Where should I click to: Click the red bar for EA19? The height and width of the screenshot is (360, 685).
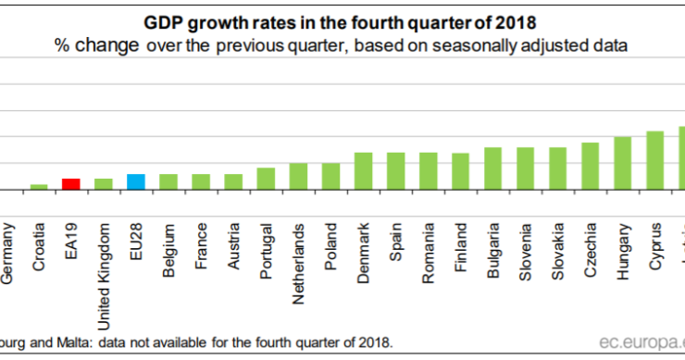[x=70, y=183]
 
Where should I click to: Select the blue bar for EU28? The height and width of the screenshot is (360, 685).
[x=135, y=181]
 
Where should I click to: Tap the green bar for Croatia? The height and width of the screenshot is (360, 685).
[x=38, y=186]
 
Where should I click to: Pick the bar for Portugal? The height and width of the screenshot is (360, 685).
[x=266, y=178]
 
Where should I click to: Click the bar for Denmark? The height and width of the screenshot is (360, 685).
[x=364, y=170]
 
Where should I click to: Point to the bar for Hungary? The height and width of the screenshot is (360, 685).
[x=623, y=163]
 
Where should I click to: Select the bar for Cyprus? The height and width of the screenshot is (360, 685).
[x=655, y=160]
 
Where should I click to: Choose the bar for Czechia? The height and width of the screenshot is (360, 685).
[x=591, y=166]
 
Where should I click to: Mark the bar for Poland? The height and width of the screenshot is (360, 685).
[x=330, y=176]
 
